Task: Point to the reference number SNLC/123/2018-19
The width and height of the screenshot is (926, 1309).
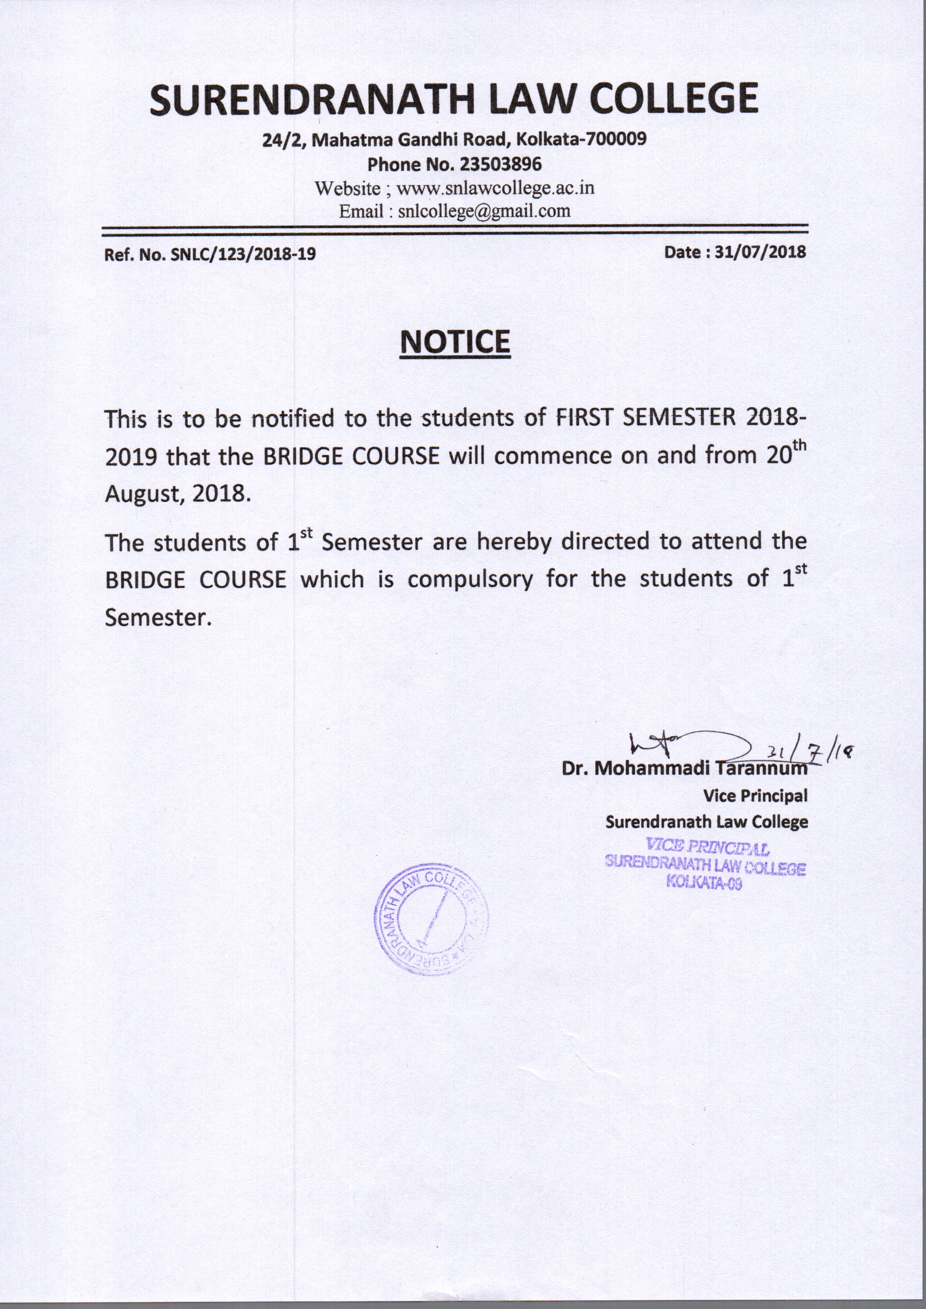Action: [x=243, y=254]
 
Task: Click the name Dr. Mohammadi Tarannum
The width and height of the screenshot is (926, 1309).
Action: [x=684, y=768]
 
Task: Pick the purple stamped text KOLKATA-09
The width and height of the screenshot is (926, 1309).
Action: [x=704, y=884]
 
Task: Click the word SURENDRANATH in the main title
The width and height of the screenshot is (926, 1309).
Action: [x=312, y=99]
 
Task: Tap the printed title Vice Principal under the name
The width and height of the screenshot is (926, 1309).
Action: [x=755, y=795]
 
